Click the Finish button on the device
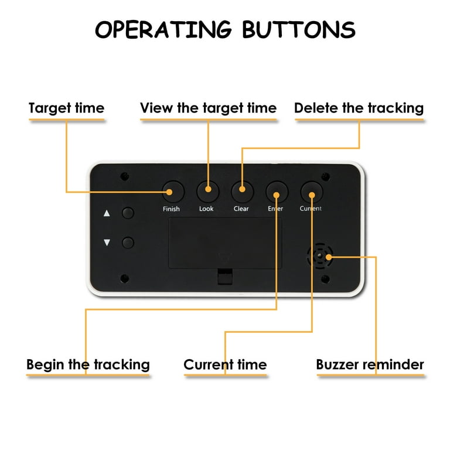click(173, 191)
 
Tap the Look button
click(207, 191)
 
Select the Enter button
click(277, 191)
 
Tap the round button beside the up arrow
click(128, 213)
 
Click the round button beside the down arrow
click(128, 242)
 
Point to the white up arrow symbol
click(107, 213)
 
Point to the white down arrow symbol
click(107, 242)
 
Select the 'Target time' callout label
click(66, 108)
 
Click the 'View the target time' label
click(208, 108)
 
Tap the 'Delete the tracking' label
click(359, 108)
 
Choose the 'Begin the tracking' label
click(88, 364)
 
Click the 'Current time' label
click(225, 364)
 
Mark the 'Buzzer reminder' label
click(370, 364)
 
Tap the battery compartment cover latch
click(224, 275)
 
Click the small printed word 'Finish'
click(171, 209)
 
